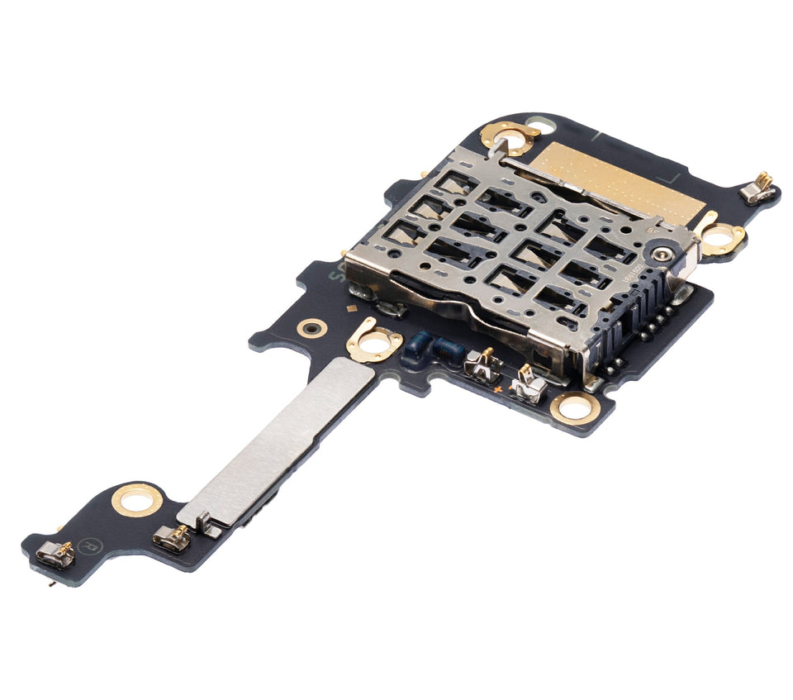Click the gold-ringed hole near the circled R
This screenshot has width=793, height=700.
(x=136, y=499)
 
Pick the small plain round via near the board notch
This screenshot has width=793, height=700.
(x=312, y=328)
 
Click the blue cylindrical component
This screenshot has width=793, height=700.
(x=431, y=349)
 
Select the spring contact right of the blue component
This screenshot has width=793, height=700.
(x=484, y=364)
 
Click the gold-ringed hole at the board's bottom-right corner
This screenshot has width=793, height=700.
(x=575, y=407)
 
